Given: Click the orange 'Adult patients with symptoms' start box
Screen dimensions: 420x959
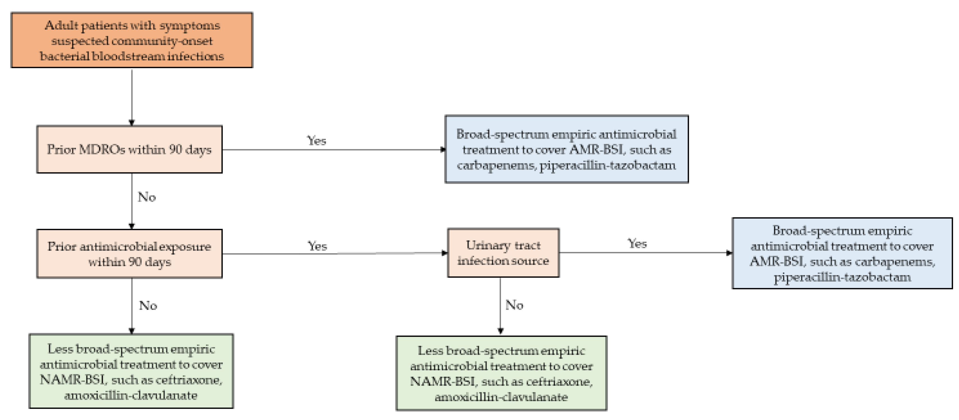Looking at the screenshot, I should pos(132,40).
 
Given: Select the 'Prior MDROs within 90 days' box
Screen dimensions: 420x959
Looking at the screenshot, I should pos(129,149).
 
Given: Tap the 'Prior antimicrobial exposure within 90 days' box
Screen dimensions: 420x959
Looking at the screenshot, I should pos(129,254).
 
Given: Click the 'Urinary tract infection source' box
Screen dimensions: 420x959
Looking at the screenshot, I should pos(503,253).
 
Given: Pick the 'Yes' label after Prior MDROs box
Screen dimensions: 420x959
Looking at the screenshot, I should pos(316,141).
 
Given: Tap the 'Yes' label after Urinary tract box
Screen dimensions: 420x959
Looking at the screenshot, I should pos(637,244).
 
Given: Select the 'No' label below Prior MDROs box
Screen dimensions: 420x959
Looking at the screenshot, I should pos(147,197).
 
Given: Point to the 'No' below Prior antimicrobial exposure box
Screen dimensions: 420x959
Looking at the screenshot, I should pos(148,305).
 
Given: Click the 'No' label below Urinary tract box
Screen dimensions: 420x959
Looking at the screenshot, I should pos(514,305).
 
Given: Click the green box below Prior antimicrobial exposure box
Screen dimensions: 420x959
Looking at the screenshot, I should pos(131,371).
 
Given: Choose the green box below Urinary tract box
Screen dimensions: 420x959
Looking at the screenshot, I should pos(501,373).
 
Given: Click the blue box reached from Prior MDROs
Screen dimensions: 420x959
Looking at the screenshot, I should pos(566,149).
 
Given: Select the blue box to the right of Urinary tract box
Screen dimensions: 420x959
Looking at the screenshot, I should pos(842,253).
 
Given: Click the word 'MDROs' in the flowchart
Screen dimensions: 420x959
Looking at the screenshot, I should pos(102,149).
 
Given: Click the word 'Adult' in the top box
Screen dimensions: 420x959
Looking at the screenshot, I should pos(61,25).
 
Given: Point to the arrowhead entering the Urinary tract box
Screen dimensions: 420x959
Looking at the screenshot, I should pos(444,253).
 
